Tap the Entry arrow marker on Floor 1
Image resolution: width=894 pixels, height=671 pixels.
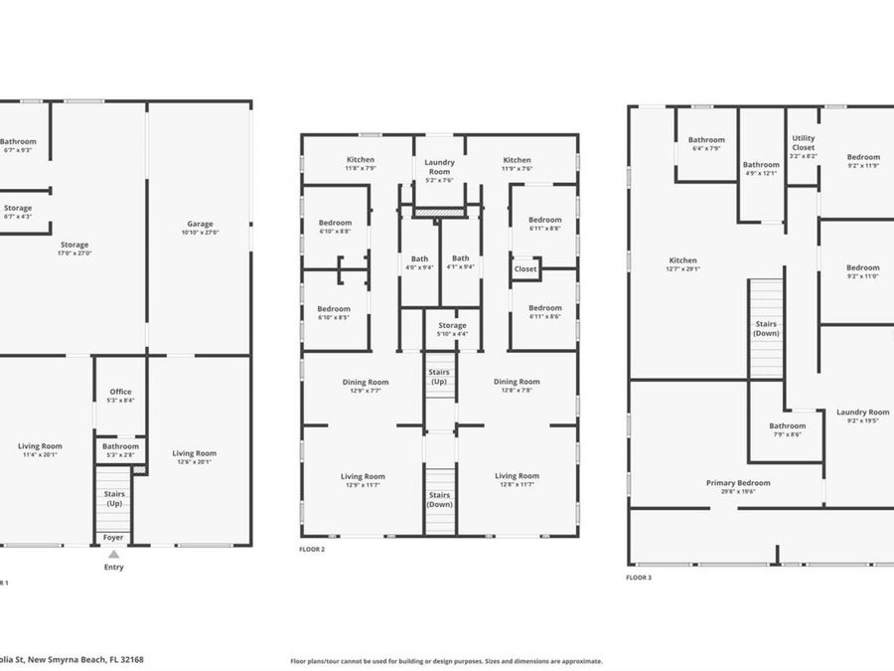point(114,555)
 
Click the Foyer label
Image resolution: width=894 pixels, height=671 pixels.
point(114,537)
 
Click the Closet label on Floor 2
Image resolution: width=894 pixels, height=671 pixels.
point(525,269)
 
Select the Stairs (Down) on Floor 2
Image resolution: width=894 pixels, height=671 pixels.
point(439,499)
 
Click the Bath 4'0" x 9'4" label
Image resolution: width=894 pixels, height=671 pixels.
point(419,262)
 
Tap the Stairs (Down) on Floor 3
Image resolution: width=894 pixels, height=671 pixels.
point(766,328)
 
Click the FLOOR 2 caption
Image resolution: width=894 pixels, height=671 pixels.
point(312,549)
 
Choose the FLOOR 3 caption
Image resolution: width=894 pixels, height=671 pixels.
point(639,577)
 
